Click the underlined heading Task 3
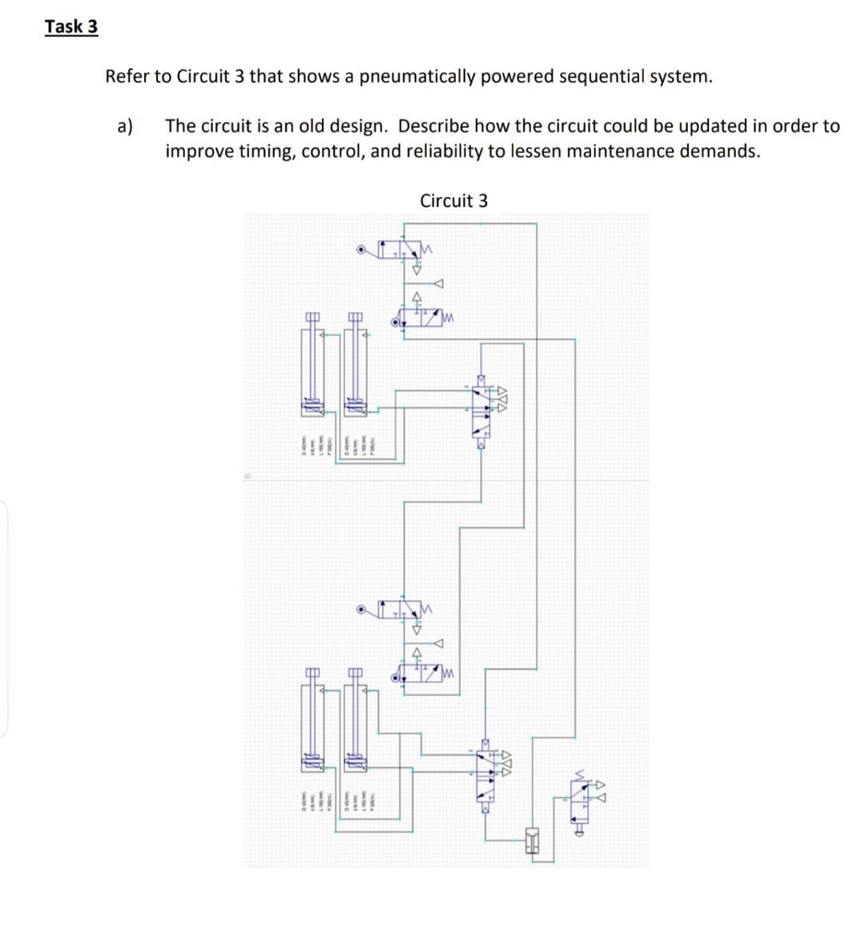coord(71,26)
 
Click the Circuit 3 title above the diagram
coord(453,200)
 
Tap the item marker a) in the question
coord(124,126)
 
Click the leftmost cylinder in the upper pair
coord(312,369)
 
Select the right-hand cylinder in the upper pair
coord(356,369)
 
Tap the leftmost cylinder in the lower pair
coord(312,721)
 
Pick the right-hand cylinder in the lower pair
coord(356,721)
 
